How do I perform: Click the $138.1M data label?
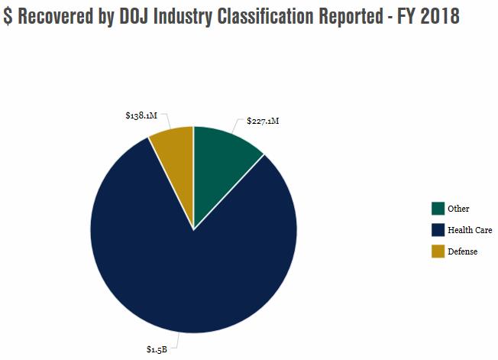[x=141, y=115]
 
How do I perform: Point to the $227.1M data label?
[x=263, y=121]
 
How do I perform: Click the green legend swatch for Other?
[x=438, y=209]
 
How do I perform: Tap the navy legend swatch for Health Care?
[x=438, y=230]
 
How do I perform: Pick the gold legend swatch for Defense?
[x=438, y=251]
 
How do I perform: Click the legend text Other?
[x=458, y=209]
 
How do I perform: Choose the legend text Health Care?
[x=470, y=230]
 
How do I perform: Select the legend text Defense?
[x=462, y=251]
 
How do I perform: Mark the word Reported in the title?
[x=364, y=16]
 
